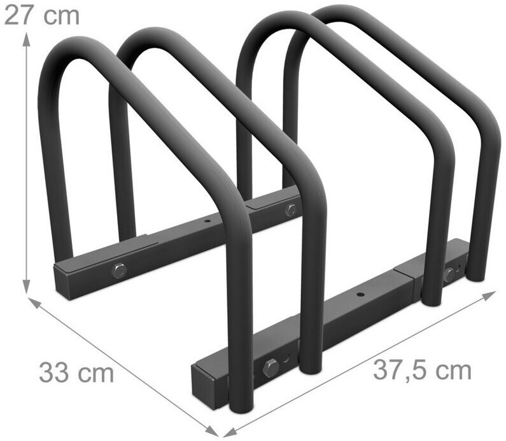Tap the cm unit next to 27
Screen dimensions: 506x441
pos(62,17)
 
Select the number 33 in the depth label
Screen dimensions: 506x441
pos(54,372)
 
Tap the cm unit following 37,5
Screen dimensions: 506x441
pos(453,372)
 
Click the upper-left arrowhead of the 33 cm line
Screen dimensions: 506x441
pos(35,303)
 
